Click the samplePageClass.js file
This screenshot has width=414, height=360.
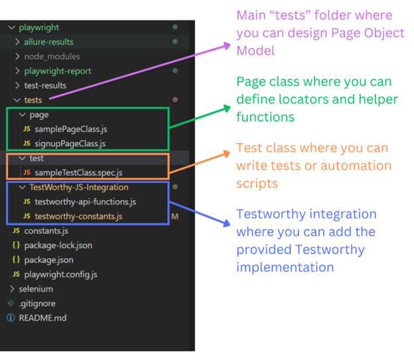click(x=66, y=129)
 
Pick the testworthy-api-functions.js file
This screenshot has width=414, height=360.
click(x=85, y=202)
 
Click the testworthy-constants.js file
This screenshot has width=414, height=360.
click(x=78, y=216)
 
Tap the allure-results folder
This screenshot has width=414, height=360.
click(x=48, y=42)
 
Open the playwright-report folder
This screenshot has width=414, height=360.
click(x=58, y=71)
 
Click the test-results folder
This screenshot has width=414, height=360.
click(x=45, y=86)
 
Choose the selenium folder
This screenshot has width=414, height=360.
click(x=36, y=289)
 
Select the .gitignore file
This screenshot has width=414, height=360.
click(x=36, y=304)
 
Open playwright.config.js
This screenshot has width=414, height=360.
click(x=60, y=274)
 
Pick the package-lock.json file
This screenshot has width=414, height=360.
click(x=58, y=245)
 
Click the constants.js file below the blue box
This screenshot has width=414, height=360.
click(x=46, y=231)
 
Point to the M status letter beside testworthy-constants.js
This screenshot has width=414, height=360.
click(x=176, y=216)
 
